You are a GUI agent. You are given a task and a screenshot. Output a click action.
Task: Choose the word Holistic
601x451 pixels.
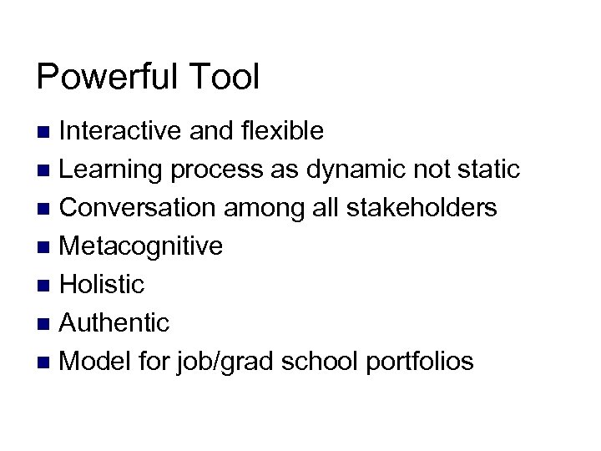tap(103, 285)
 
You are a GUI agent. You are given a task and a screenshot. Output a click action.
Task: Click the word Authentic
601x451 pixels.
tap(115, 322)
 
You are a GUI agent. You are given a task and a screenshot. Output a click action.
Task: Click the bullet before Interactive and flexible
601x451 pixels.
tap(47, 132)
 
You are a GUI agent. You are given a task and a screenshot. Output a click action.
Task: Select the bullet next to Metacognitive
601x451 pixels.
tap(47, 247)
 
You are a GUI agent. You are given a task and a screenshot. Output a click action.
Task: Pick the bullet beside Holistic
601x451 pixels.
tap(47, 286)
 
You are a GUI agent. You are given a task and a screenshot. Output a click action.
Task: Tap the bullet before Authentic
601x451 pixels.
tap(47, 323)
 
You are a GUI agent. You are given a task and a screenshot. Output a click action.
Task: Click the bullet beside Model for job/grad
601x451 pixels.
tap(47, 362)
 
